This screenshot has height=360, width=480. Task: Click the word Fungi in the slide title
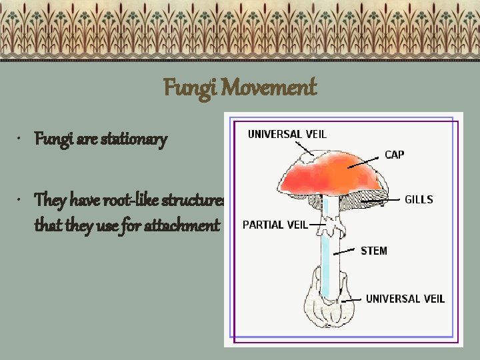(x=187, y=87)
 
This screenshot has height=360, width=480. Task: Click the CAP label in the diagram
(x=394, y=154)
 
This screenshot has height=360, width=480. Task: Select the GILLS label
(x=419, y=199)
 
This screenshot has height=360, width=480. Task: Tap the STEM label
(x=373, y=251)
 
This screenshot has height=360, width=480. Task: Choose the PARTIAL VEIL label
(x=275, y=225)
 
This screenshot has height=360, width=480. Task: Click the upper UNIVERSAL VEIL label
(x=287, y=134)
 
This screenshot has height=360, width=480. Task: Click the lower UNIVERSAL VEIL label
(x=405, y=299)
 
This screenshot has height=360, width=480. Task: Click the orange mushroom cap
(x=333, y=175)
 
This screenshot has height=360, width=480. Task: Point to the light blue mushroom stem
(x=325, y=260)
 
